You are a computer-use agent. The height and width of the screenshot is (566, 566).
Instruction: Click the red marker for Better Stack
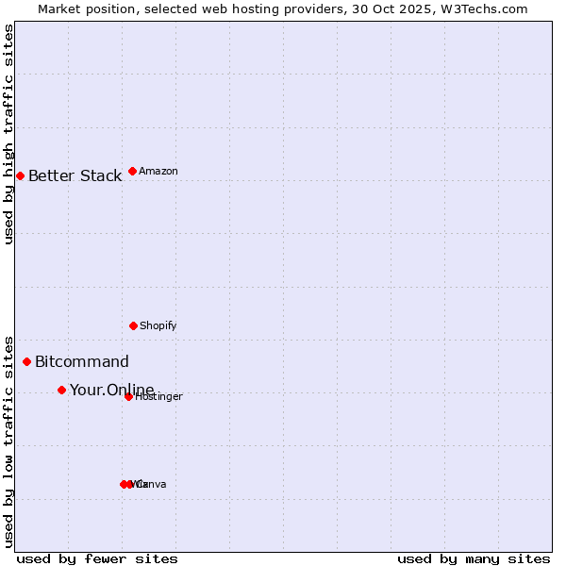[20, 175]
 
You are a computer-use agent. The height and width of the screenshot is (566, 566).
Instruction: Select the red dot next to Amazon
[132, 171]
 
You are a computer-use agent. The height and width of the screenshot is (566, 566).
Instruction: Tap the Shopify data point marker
[133, 325]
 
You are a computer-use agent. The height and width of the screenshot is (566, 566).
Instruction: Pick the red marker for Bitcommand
[26, 361]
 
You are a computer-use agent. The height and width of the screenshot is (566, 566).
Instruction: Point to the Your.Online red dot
[61, 390]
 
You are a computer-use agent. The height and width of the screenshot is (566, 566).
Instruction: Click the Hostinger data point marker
[128, 396]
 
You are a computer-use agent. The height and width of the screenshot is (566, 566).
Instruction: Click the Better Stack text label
[75, 175]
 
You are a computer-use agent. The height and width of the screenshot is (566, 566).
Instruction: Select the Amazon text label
[158, 171]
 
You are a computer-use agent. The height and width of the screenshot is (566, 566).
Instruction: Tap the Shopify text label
[158, 325]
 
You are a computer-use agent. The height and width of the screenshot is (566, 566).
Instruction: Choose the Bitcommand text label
[82, 361]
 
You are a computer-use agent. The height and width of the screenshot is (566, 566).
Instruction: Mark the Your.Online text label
[111, 390]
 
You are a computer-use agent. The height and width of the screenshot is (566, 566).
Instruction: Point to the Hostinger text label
[159, 397]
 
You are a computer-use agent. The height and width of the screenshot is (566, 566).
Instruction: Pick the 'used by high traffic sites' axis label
[8, 134]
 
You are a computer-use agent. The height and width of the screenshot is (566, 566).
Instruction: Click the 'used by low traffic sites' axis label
[8, 441]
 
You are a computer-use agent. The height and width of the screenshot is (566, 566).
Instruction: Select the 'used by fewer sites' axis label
[97, 558]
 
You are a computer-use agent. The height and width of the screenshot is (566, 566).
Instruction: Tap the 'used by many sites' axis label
[474, 558]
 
